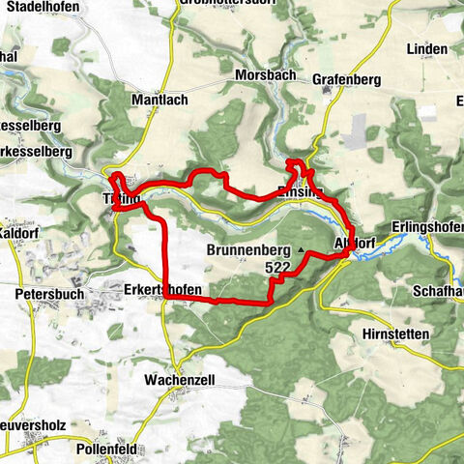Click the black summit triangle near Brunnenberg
point(301,249)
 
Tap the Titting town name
point(120,200)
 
